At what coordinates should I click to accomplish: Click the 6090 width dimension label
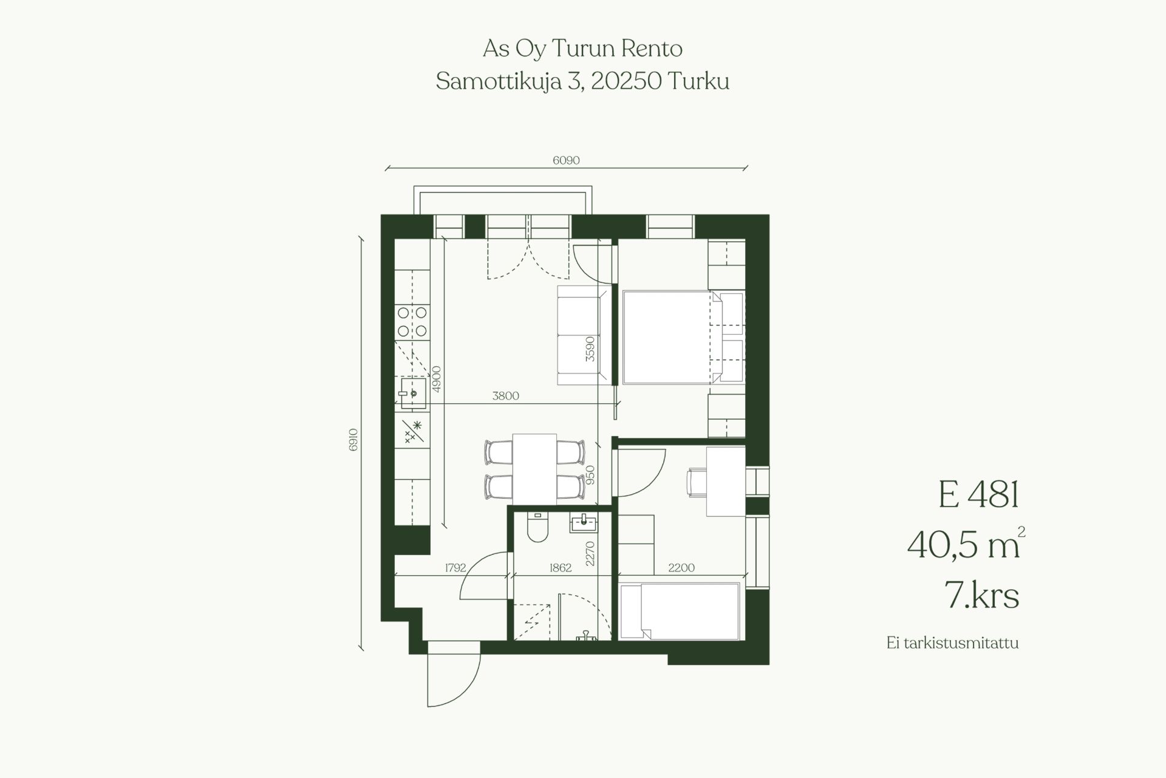tap(566, 160)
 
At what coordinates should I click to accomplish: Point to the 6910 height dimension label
tap(353, 440)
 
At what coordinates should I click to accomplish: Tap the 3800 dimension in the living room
tap(505, 396)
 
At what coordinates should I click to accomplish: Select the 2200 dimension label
tap(681, 568)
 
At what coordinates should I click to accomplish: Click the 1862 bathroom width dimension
tap(560, 568)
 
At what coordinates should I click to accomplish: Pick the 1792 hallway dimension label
tap(455, 568)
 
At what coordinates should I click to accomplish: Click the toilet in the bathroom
tap(538, 527)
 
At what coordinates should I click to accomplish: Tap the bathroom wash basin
tap(584, 522)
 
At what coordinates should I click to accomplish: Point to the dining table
tap(534, 468)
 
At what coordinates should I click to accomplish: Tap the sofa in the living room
tap(584, 335)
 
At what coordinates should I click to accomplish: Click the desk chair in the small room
tap(696, 482)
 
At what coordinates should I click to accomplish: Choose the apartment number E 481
tap(978, 494)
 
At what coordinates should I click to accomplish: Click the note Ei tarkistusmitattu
tap(952, 643)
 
